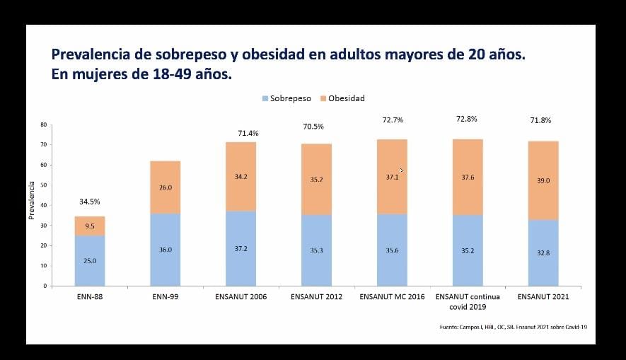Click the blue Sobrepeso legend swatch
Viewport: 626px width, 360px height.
(265, 98)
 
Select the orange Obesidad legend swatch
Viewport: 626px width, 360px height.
(323, 98)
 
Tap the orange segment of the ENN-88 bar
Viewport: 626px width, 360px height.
(90, 226)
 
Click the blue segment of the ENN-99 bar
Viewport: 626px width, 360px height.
(166, 250)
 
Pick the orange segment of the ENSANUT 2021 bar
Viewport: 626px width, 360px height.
(543, 180)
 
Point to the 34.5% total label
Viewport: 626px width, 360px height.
(89, 202)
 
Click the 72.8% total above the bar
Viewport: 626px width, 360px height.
(467, 119)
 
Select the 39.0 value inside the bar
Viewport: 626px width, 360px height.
(543, 181)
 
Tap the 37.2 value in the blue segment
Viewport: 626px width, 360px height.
(240, 249)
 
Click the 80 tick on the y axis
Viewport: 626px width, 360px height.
(44, 124)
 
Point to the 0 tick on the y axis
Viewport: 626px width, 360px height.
(45, 286)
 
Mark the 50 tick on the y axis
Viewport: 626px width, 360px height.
(44, 185)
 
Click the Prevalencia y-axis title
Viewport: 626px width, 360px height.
(32, 200)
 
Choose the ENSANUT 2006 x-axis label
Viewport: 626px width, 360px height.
(240, 296)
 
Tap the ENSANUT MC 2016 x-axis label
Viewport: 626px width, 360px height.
(392, 296)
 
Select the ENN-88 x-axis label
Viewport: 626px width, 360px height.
(90, 296)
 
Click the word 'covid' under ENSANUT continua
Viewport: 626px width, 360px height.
(458, 307)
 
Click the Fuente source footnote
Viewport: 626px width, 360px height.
(514, 327)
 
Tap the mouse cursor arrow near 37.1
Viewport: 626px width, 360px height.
(400, 169)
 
